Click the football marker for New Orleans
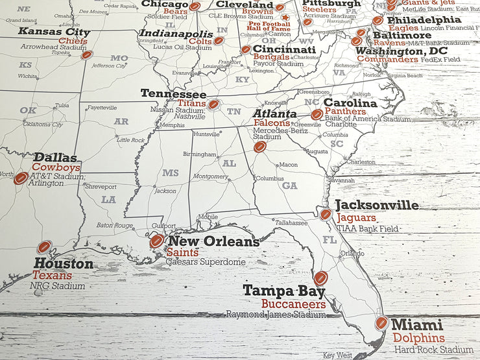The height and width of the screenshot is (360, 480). pyautogui.click(x=156, y=241)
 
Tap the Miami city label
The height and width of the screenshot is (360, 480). pyautogui.click(x=418, y=324)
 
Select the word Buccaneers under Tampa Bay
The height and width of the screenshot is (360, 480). pyautogui.click(x=294, y=304)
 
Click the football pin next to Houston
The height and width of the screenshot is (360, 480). pyautogui.click(x=44, y=247)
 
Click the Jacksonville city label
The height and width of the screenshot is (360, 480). pyautogui.click(x=377, y=205)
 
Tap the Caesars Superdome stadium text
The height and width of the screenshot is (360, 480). pyautogui.click(x=206, y=262)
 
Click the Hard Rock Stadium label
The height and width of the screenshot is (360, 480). pyautogui.click(x=433, y=350)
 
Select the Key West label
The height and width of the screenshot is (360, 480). pyautogui.click(x=337, y=355)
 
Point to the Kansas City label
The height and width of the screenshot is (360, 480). pyautogui.click(x=54, y=31)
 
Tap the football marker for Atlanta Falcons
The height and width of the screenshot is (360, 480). pyautogui.click(x=260, y=147)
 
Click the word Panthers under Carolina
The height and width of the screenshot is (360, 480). pyautogui.click(x=346, y=112)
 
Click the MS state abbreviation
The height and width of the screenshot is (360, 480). pyautogui.click(x=170, y=173)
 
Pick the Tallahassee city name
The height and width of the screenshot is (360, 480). pyautogui.click(x=290, y=222)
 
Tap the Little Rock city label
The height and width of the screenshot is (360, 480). pyautogui.click(x=130, y=139)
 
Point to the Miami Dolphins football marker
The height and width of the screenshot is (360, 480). pyautogui.click(x=381, y=323)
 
